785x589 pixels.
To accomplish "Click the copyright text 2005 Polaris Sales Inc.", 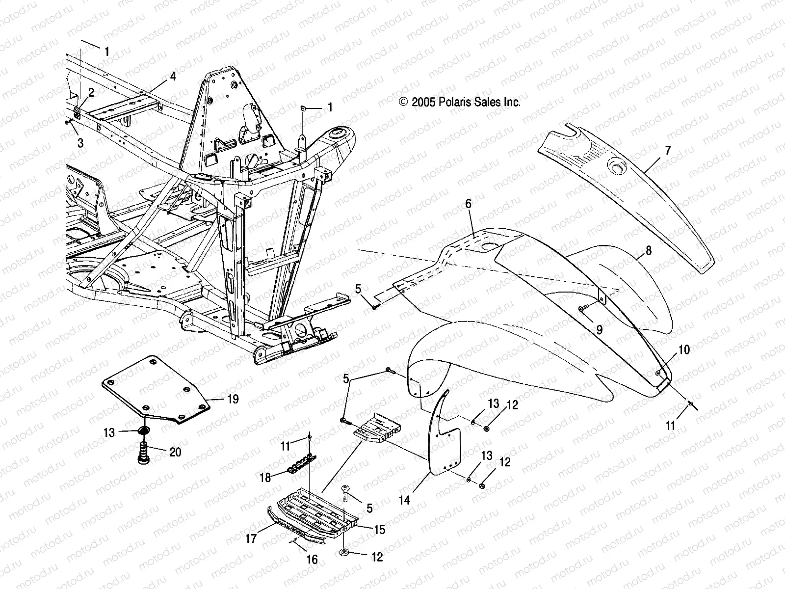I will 460,102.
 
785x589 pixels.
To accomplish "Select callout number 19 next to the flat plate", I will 233,399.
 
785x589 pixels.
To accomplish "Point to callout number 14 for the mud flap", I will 404,500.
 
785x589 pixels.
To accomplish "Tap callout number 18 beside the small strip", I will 265,477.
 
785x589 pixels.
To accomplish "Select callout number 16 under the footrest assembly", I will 312,560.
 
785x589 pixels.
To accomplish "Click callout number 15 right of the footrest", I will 379,530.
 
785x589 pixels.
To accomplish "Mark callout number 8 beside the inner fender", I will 648,251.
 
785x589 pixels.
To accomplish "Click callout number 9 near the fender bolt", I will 599,329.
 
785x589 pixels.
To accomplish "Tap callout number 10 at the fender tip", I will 684,349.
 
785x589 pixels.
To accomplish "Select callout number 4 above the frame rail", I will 172,76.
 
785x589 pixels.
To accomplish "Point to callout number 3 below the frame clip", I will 80,143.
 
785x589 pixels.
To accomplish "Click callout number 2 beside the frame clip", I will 91,92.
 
